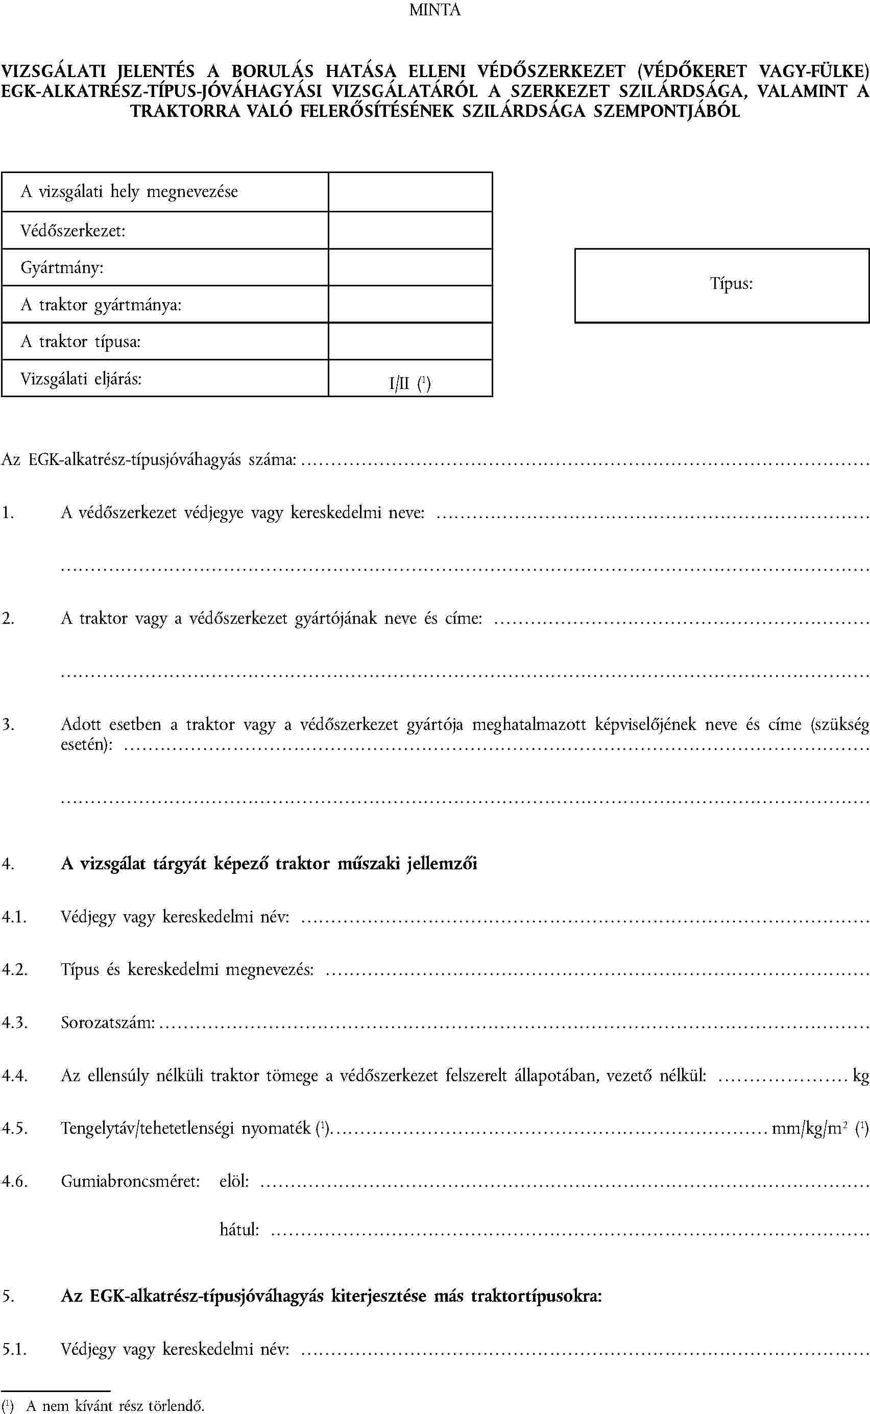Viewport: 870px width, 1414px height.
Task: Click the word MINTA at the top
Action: [434, 10]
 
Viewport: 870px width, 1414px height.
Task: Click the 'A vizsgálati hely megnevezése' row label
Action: [129, 191]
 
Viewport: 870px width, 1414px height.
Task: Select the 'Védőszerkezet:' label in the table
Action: [73, 231]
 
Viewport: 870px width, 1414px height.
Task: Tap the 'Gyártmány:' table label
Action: [62, 268]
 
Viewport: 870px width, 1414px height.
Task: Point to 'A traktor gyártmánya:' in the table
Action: [101, 305]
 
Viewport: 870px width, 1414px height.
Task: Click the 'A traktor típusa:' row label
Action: [81, 342]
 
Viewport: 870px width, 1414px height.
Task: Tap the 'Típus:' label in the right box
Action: [731, 284]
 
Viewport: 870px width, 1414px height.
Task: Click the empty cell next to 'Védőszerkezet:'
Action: [409, 230]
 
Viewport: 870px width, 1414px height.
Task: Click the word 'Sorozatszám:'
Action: [108, 1023]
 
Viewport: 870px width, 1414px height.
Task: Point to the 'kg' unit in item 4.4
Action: [861, 1076]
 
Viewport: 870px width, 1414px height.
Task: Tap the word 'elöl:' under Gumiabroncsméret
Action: [234, 1182]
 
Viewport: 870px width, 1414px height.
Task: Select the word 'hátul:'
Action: [239, 1230]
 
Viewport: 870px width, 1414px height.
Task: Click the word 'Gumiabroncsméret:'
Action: [131, 1182]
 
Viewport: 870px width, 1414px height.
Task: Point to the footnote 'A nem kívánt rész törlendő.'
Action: [115, 1406]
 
